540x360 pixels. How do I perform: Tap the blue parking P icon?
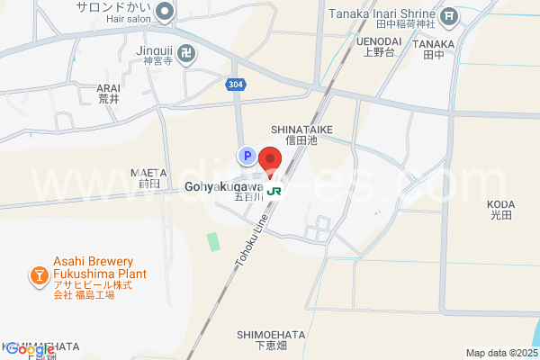(x=246, y=157)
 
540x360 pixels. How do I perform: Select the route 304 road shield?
(x=234, y=84)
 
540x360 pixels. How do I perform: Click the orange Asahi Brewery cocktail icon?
(x=39, y=274)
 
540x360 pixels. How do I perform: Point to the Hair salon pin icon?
(x=165, y=12)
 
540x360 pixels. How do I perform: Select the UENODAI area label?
(x=379, y=41)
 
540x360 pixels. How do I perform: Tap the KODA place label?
(x=500, y=204)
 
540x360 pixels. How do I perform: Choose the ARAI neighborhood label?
(x=108, y=88)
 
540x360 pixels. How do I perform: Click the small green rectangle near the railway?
(x=212, y=241)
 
